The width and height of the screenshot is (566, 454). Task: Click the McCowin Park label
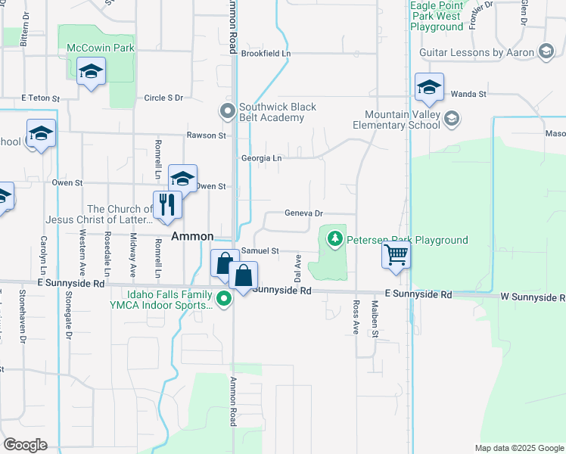point(101,48)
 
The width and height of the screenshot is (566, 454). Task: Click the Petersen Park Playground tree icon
point(335,240)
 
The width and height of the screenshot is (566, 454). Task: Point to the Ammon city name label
point(192,236)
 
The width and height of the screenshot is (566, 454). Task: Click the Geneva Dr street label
point(303,213)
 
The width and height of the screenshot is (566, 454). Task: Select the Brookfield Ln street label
point(266,54)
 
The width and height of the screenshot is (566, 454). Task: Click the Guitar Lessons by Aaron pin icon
point(546,52)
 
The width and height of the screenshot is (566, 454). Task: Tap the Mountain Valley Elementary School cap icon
point(451,118)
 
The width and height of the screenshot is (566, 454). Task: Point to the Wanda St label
point(468,94)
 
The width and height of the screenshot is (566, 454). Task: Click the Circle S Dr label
point(163,98)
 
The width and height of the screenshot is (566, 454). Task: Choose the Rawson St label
point(207,135)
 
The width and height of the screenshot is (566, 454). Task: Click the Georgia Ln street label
point(261,158)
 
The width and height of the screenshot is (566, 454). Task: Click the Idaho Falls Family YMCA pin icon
point(224,300)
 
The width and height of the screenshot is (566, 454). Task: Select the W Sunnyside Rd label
point(531,296)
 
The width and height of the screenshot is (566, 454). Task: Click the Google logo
point(25,444)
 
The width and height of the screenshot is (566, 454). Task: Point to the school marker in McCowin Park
point(92,72)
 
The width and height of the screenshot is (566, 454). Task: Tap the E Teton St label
point(39,98)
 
